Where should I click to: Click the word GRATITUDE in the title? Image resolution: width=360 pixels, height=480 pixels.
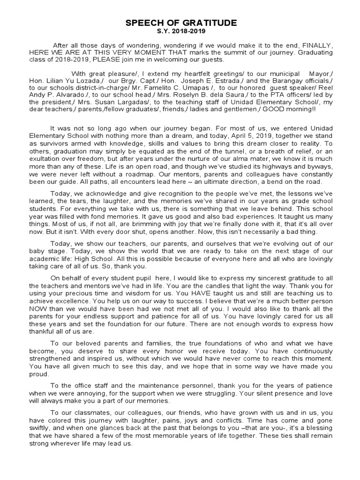click(x=210, y=23)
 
